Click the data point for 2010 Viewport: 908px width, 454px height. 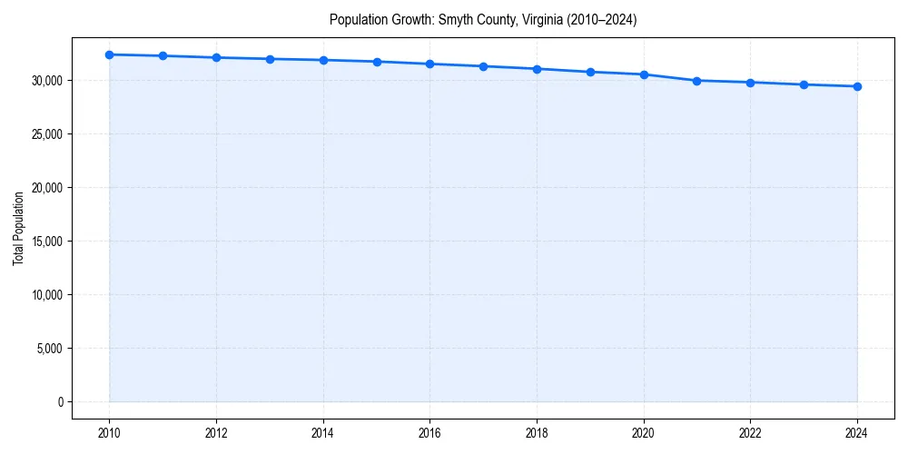click(109, 54)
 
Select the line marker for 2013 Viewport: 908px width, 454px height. click(270, 59)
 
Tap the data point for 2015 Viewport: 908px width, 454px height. click(377, 62)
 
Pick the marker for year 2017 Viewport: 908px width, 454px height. click(483, 66)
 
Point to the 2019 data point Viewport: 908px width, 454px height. click(590, 72)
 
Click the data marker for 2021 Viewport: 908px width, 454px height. click(696, 81)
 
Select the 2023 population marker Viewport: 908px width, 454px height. click(804, 84)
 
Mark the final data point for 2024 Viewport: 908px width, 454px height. click(857, 86)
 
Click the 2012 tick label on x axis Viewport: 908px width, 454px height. click(216, 433)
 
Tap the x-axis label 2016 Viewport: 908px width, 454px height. click(429, 433)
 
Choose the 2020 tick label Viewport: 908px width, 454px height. click(644, 433)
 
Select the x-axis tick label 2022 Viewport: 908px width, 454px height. click(750, 433)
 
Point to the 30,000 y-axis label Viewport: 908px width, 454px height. click(46, 81)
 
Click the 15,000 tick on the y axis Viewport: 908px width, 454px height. click(46, 242)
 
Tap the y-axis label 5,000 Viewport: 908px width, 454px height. click(49, 349)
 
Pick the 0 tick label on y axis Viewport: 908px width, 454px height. click(60, 402)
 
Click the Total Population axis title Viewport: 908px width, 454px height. click(18, 228)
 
